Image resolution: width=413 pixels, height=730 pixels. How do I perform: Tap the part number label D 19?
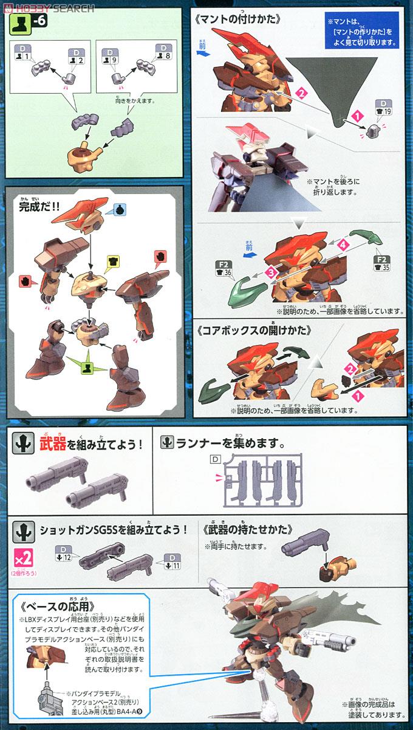[383, 108]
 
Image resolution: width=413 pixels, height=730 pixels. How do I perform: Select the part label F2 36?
[223, 269]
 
